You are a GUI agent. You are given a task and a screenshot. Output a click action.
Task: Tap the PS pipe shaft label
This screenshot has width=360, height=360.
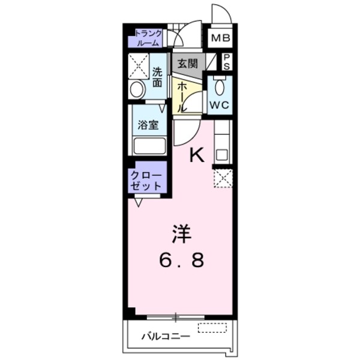pos(226,62)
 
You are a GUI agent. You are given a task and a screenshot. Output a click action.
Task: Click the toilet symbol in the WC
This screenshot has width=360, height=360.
pos(219,88)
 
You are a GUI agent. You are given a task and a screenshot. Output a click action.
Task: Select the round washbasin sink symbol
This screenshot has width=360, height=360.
pos(137,90)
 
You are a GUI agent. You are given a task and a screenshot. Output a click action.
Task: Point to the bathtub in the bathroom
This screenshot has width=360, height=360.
pos(149,146)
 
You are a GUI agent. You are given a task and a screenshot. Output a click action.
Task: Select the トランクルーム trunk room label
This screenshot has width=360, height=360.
pos(148,38)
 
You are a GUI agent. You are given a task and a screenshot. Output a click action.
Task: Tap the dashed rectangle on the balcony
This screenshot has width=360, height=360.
pos(212,328)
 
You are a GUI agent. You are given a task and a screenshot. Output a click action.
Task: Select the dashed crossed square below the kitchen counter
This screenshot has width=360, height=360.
pos(223,178)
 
